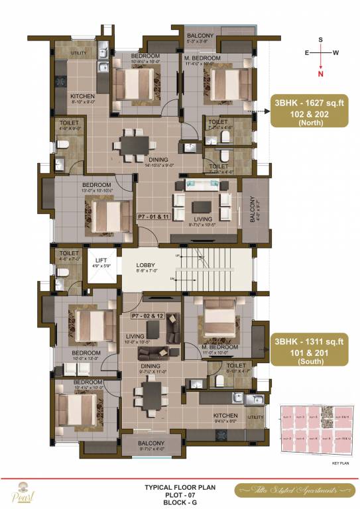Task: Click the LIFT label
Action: click(102, 260)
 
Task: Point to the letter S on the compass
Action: click(321, 40)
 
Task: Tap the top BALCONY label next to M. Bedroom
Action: click(200, 35)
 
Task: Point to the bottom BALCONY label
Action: click(151, 443)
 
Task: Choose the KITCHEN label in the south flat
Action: click(225, 416)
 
